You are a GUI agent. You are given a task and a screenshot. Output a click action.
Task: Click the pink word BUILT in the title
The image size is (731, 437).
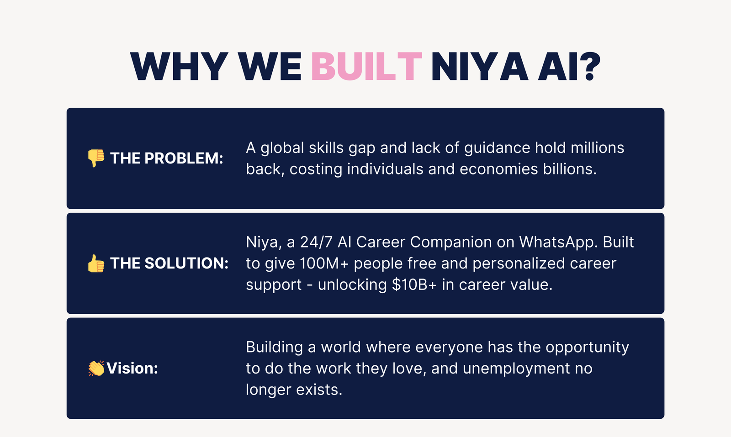(366, 66)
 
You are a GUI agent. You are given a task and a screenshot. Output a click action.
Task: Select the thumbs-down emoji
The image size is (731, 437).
(96, 158)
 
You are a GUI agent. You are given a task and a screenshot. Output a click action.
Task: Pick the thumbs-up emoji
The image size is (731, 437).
(96, 263)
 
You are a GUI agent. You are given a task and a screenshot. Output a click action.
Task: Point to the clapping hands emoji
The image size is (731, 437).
(96, 368)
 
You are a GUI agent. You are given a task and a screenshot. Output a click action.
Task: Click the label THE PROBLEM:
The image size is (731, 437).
(167, 158)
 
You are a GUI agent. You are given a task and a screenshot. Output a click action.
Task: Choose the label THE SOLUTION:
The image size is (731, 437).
(170, 263)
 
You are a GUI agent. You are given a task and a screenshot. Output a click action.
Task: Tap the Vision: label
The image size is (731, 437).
(132, 368)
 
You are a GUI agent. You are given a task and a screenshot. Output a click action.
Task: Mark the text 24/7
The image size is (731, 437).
(316, 242)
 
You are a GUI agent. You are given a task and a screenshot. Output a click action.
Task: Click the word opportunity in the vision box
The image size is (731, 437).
(588, 347)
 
